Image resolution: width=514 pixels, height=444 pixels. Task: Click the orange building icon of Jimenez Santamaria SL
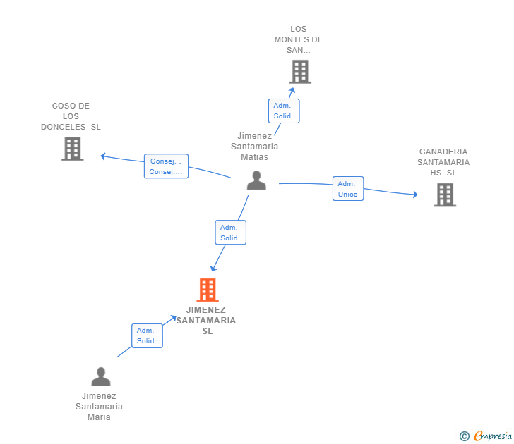(x=207, y=290)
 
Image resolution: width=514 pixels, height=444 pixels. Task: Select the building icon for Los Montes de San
(x=300, y=72)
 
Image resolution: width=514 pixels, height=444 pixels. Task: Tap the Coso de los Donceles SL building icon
(x=72, y=149)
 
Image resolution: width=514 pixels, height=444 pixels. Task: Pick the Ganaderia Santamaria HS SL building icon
(x=445, y=195)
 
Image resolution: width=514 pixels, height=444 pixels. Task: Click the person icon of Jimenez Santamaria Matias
(x=256, y=180)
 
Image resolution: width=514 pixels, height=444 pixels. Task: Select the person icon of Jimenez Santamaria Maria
(x=101, y=377)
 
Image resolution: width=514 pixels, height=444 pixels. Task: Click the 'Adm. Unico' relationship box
(x=348, y=189)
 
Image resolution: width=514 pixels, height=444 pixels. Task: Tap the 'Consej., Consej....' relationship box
(x=166, y=166)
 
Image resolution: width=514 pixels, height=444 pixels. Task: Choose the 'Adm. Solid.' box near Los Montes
(x=284, y=111)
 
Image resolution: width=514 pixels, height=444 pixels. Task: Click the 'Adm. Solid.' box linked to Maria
(x=147, y=335)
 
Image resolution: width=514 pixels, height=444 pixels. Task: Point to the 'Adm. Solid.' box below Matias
(x=230, y=233)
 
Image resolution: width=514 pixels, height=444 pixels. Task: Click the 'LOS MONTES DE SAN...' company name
(x=299, y=39)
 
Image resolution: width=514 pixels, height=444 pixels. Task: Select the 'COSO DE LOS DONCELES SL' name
(x=71, y=116)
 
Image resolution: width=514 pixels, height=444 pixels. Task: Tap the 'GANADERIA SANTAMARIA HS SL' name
(x=443, y=162)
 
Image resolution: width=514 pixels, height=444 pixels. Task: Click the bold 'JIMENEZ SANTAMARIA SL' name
(x=206, y=320)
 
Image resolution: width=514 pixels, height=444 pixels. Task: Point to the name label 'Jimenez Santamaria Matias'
(x=254, y=147)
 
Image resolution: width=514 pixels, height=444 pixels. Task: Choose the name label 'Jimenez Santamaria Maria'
(x=99, y=407)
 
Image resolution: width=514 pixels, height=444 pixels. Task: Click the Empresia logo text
(x=493, y=436)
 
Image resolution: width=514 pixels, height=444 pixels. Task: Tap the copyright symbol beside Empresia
(x=465, y=436)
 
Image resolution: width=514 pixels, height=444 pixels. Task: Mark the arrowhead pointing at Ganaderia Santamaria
(x=414, y=195)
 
